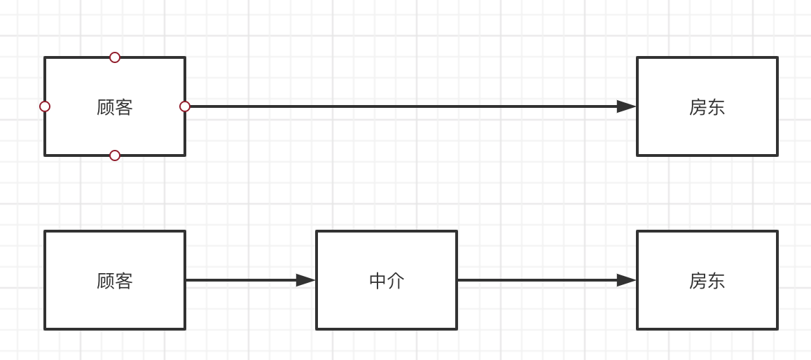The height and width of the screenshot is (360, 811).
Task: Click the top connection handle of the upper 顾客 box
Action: click(115, 57)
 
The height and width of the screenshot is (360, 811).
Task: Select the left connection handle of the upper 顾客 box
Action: click(45, 106)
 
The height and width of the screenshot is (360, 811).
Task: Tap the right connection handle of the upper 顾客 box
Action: click(185, 106)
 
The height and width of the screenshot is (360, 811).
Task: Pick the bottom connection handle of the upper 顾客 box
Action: click(115, 155)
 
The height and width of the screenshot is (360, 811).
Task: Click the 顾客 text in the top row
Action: click(115, 107)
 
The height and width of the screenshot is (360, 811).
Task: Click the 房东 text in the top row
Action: click(707, 107)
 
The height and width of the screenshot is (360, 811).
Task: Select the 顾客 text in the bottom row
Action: click(115, 281)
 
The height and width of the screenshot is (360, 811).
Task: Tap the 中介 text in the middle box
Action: click(387, 281)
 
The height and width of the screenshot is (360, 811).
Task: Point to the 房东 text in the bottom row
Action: click(707, 281)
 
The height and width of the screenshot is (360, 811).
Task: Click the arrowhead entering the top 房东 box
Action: click(626, 106)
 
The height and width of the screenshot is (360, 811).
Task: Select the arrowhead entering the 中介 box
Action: click(305, 280)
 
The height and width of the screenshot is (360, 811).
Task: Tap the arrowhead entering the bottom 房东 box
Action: click(626, 280)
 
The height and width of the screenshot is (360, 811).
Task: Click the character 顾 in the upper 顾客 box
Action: click(106, 107)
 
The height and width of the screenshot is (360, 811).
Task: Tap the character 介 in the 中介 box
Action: click(396, 281)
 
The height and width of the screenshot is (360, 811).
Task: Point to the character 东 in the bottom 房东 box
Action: click(716, 281)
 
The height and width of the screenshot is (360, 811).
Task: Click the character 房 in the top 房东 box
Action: click(698, 107)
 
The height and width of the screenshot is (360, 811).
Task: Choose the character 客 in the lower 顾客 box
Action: click(124, 281)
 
